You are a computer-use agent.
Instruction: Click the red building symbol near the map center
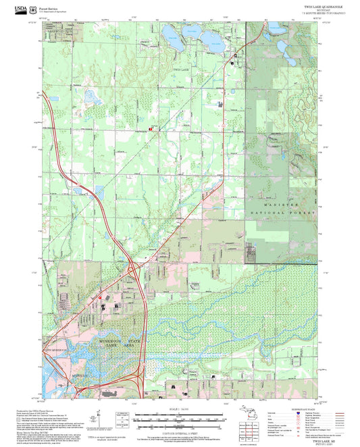(151, 128)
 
